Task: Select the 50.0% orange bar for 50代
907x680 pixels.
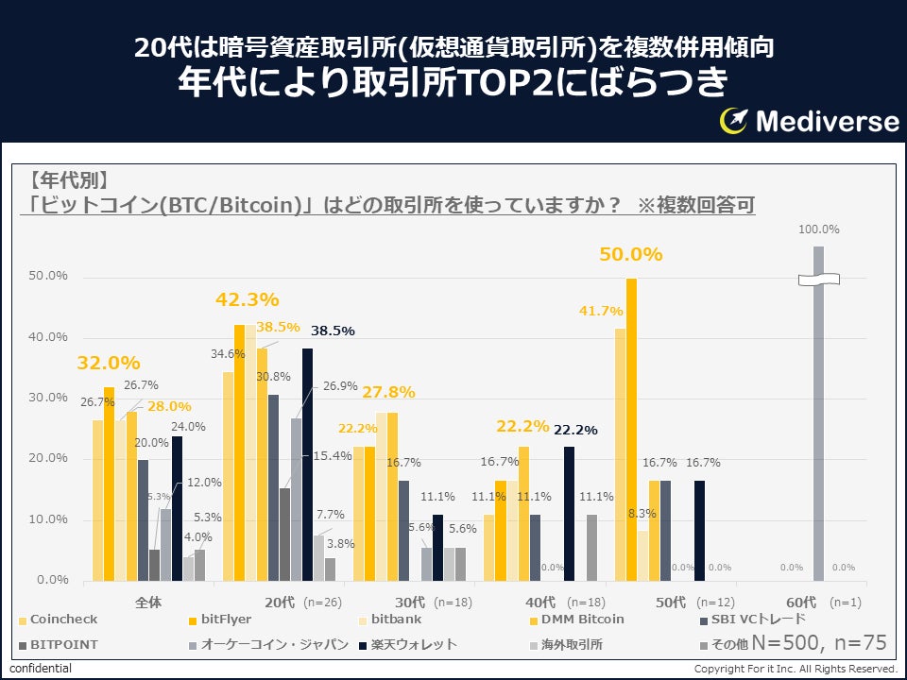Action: click(x=631, y=430)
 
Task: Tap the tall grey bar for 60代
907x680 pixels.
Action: click(x=818, y=416)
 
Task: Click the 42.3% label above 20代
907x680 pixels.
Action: click(x=248, y=300)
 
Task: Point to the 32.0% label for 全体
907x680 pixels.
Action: click(x=109, y=363)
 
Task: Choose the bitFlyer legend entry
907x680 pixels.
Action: click(x=224, y=620)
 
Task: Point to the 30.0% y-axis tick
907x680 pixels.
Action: click(x=48, y=398)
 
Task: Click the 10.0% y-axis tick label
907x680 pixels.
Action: click(x=48, y=519)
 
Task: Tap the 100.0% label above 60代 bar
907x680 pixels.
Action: click(x=818, y=229)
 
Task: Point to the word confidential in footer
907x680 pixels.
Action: click(x=41, y=669)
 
